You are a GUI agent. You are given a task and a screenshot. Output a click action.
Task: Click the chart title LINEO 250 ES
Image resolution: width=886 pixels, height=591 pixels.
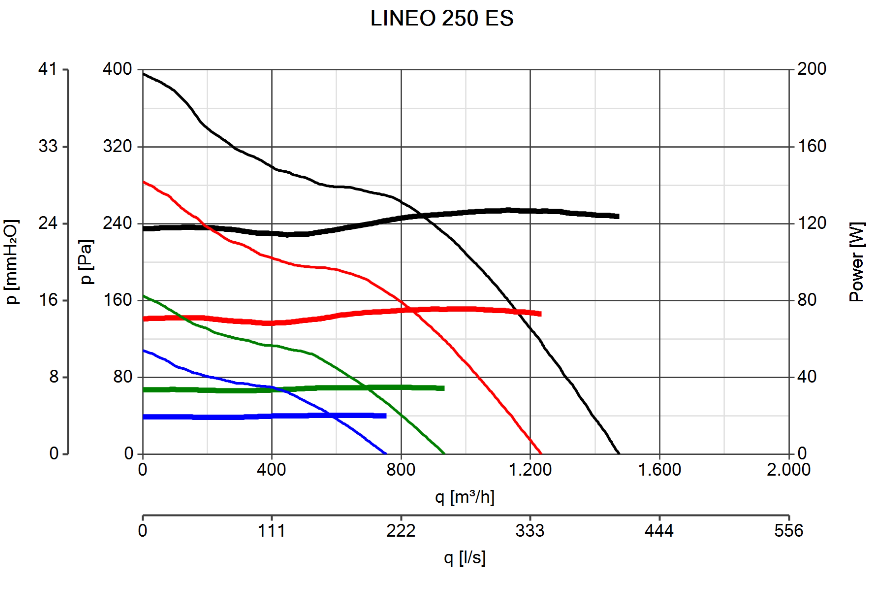click(x=442, y=18)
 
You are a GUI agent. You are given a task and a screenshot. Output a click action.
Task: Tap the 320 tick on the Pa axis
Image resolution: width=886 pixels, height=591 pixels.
click(x=117, y=146)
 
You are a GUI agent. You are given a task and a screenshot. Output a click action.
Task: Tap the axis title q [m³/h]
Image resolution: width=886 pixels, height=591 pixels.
click(x=464, y=497)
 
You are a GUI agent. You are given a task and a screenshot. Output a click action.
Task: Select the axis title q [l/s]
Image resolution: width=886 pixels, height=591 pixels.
click(x=464, y=558)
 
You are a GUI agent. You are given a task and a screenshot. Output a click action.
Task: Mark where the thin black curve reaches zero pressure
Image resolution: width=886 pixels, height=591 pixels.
click(x=619, y=453)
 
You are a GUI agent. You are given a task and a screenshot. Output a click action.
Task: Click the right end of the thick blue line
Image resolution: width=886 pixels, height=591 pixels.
click(x=386, y=416)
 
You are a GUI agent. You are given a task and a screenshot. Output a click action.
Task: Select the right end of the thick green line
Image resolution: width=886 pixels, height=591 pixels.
click(x=444, y=388)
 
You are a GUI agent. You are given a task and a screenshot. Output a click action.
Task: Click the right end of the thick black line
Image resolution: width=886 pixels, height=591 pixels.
click(x=618, y=216)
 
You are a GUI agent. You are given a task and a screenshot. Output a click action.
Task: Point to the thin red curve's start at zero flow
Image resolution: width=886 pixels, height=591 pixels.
click(x=143, y=182)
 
